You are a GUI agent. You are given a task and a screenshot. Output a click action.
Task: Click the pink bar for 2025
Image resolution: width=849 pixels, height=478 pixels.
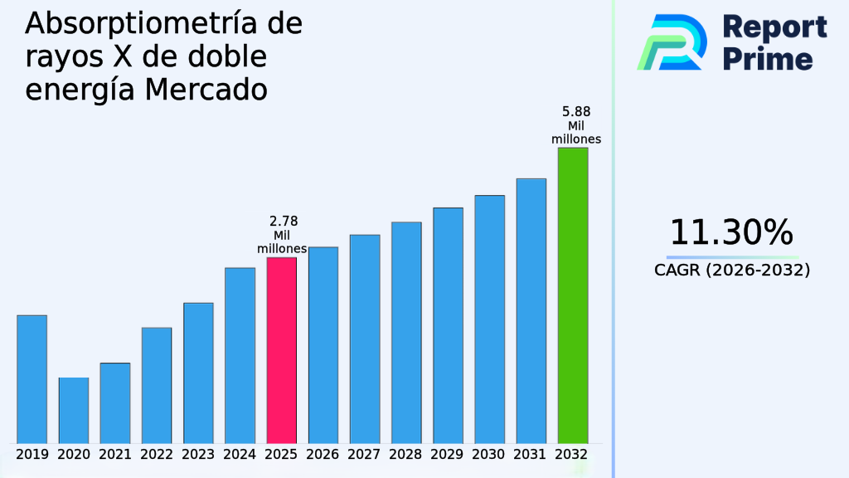click(281, 350)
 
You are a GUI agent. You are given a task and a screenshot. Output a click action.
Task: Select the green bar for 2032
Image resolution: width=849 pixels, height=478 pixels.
click(572, 295)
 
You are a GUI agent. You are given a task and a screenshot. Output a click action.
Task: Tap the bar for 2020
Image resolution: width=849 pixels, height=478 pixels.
click(74, 410)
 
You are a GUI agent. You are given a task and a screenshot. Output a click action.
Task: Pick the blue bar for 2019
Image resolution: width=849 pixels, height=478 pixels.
click(32, 379)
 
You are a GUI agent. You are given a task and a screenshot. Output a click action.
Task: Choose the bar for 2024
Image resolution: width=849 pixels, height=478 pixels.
click(240, 355)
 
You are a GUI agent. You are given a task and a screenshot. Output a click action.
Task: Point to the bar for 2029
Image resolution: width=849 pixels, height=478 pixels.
click(448, 325)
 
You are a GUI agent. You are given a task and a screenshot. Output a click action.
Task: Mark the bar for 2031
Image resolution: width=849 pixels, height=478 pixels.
click(531, 310)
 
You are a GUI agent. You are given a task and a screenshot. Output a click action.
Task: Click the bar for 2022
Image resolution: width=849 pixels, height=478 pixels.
click(157, 385)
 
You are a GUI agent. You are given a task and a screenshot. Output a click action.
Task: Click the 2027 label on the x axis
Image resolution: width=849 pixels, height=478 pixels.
click(365, 455)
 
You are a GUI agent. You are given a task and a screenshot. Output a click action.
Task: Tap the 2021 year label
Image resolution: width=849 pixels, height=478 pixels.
click(115, 455)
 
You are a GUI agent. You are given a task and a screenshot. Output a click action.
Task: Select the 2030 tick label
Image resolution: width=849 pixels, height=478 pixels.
click(489, 455)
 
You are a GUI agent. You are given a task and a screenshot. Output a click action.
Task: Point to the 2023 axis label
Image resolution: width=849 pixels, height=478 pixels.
click(198, 455)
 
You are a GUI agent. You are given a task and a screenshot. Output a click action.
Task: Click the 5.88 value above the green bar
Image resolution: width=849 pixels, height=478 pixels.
click(576, 111)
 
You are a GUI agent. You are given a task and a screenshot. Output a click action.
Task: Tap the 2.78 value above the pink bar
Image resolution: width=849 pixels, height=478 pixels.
click(284, 222)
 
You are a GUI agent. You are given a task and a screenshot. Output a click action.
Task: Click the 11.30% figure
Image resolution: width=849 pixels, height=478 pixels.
click(731, 233)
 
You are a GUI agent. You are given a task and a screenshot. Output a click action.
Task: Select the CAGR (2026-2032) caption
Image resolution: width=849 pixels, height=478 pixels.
click(731, 271)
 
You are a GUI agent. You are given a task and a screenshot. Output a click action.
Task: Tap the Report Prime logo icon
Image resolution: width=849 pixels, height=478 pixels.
click(672, 41)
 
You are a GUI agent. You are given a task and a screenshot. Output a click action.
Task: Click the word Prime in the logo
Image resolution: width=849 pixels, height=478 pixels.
click(768, 59)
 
